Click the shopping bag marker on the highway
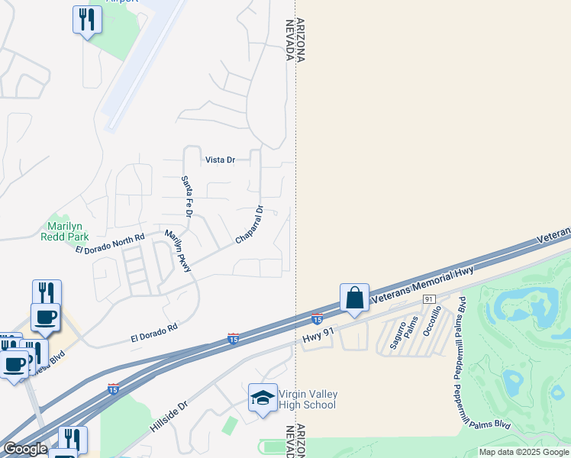(x=355, y=298)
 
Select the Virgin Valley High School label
(x=308, y=399)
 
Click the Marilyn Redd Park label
(x=65, y=231)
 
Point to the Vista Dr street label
(x=220, y=160)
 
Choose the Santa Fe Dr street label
(x=185, y=195)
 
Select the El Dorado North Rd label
(x=109, y=245)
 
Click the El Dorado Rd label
(x=154, y=331)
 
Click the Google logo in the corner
(x=25, y=449)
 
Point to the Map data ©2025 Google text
(x=524, y=452)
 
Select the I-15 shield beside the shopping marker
(x=317, y=318)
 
